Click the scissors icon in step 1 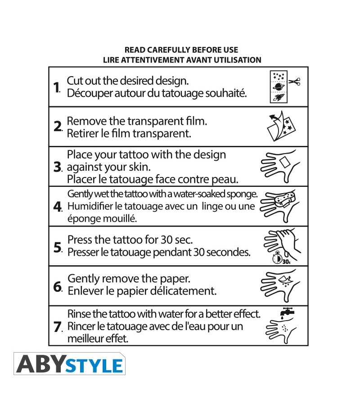(x=294, y=82)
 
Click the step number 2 (x=58, y=127)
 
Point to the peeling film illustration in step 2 (x=281, y=127)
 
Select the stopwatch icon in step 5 (x=277, y=258)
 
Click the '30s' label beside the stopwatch (x=286, y=262)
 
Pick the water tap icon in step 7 (x=287, y=312)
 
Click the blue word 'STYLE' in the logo (x=94, y=366)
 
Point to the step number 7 (x=58, y=327)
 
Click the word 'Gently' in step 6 (x=83, y=279)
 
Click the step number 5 (x=58, y=247)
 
